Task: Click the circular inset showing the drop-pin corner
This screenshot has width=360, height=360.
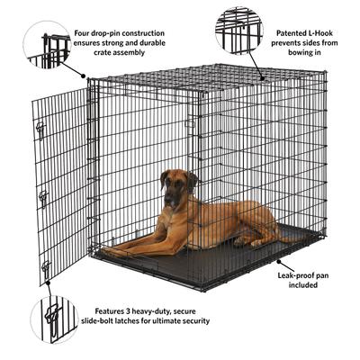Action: (x=48, y=46)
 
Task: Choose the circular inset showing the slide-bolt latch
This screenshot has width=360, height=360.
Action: (x=54, y=319)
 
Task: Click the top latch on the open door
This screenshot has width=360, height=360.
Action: (x=40, y=129)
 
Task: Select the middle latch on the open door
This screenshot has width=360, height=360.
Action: (x=42, y=195)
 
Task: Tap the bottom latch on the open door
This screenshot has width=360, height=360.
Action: (x=45, y=265)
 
